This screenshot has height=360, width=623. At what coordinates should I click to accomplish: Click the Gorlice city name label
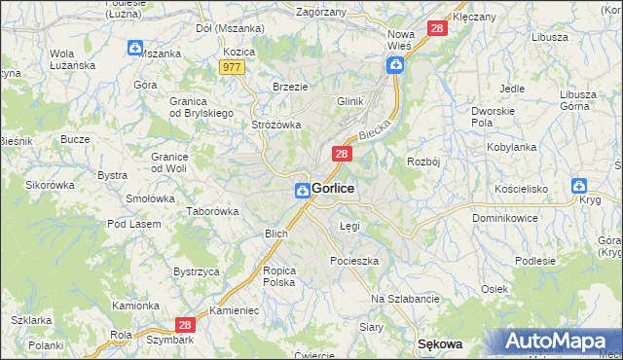click(333, 188)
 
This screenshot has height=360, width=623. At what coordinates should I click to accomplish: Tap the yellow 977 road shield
click(233, 67)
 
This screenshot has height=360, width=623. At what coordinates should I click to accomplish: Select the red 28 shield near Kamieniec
click(187, 326)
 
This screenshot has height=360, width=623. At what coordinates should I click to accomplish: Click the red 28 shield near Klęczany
click(437, 30)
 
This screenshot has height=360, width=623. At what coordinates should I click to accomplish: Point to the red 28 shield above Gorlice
click(342, 154)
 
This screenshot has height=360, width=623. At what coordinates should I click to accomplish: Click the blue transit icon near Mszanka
click(134, 47)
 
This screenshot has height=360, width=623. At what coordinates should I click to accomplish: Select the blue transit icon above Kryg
click(580, 185)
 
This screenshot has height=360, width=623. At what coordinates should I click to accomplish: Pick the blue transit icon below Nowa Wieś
click(396, 65)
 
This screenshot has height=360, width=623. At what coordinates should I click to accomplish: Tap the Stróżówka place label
click(276, 125)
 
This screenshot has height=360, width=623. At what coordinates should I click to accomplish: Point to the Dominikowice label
click(505, 218)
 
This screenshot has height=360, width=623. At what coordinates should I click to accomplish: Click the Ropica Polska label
click(278, 275)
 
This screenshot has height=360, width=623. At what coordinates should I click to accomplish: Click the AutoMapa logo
click(558, 342)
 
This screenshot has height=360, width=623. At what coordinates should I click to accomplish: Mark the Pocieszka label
click(354, 261)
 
